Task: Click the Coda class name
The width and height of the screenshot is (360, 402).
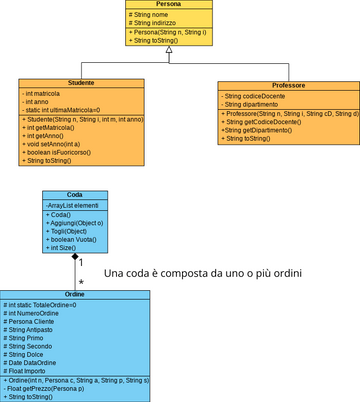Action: [x=74, y=196]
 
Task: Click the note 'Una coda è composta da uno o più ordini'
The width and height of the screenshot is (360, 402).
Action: [x=203, y=273]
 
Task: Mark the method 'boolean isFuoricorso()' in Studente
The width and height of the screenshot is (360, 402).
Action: [x=61, y=152]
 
